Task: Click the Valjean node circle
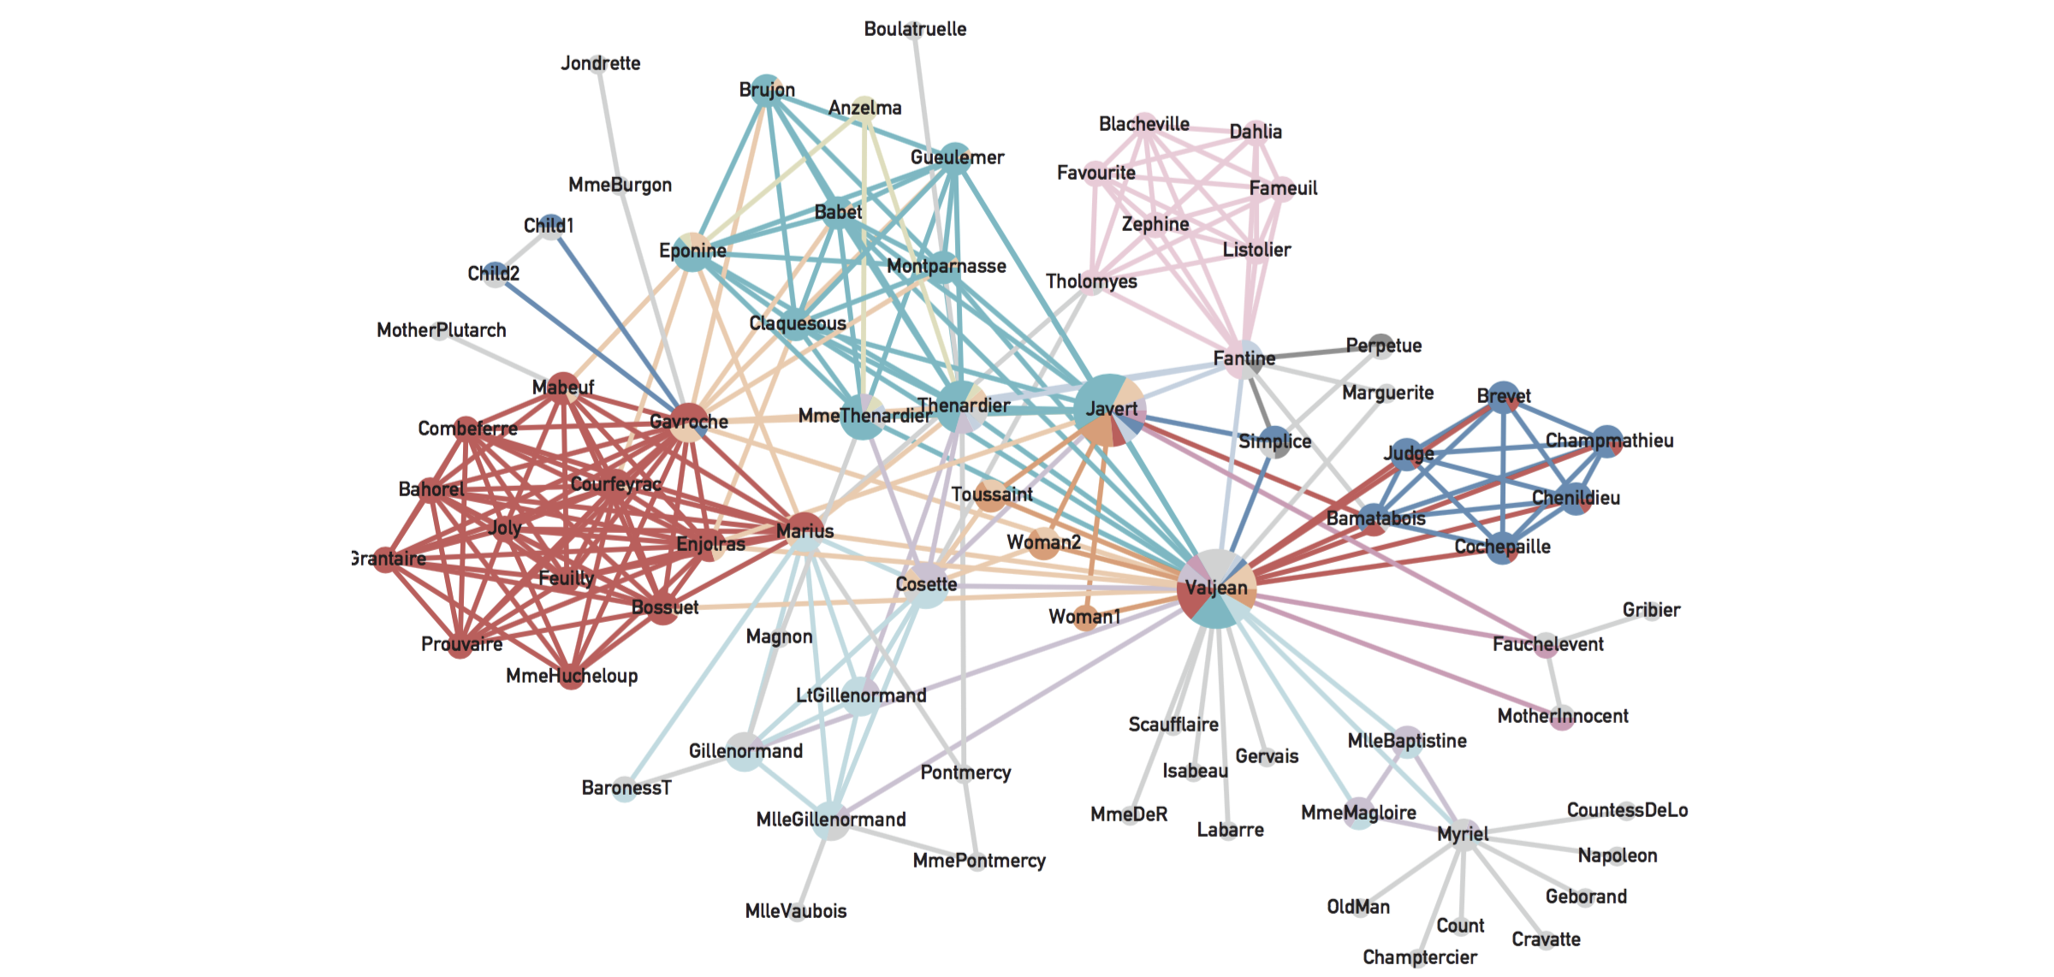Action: [1216, 589]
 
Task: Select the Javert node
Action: [1109, 410]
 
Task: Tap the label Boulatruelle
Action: [915, 29]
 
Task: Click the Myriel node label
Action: [1463, 834]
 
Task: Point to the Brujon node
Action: [765, 89]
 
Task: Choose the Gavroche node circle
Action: [688, 422]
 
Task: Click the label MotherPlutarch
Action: [441, 330]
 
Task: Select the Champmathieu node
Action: [1607, 441]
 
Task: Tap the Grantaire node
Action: [384, 559]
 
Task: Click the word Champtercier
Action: [1419, 957]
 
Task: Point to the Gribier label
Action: [1651, 610]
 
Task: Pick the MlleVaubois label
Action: [795, 911]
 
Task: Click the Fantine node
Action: [1243, 358]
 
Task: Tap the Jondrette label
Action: [600, 63]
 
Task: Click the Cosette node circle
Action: [927, 584]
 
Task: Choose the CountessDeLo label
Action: [1627, 810]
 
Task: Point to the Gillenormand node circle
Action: [745, 751]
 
